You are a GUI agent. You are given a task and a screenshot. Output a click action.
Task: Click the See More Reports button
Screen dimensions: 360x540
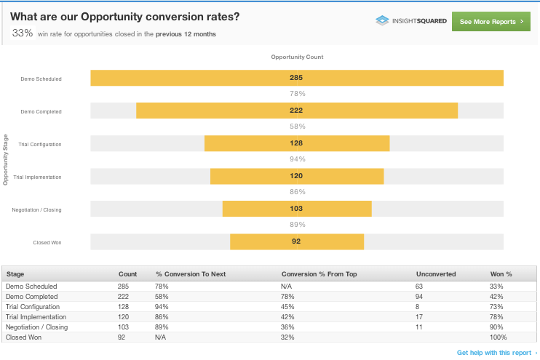point(491,22)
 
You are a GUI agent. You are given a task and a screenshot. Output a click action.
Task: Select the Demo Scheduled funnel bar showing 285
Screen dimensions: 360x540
point(296,78)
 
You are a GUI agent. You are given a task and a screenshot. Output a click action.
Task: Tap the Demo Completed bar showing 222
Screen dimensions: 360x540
point(296,111)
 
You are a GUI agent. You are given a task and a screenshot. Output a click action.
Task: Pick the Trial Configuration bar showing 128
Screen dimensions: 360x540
point(296,143)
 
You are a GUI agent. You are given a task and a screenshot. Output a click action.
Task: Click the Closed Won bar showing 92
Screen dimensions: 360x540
point(296,241)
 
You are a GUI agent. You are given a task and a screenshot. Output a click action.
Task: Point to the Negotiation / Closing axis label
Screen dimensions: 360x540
point(36,209)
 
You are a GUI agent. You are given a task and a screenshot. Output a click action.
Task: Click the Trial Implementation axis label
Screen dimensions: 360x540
point(37,177)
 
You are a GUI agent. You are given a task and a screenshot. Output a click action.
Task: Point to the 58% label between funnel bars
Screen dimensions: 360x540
point(297,127)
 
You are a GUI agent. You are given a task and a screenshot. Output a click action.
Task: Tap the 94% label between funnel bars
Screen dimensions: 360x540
point(297,159)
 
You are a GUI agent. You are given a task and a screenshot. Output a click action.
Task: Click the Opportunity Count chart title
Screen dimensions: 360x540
point(297,57)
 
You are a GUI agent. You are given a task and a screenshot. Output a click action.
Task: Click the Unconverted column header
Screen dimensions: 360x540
point(435,274)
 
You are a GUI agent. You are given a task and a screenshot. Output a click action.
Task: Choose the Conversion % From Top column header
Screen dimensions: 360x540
point(319,274)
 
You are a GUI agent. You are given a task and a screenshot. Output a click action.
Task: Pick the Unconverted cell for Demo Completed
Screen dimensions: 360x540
point(419,297)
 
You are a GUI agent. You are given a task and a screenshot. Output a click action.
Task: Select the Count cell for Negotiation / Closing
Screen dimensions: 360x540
point(123,327)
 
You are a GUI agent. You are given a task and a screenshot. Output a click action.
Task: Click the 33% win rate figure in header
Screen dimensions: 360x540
point(23,33)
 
